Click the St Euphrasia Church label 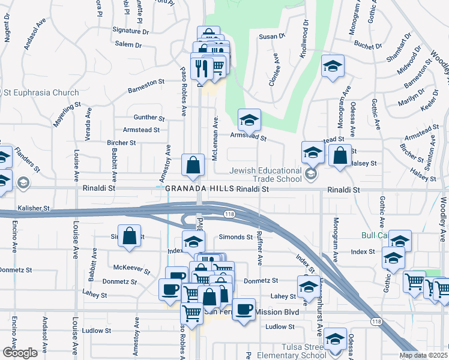click(x=41, y=92)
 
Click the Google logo click(x=20, y=353)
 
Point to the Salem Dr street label click(x=128, y=45)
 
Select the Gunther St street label click(x=149, y=118)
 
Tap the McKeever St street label click(x=131, y=268)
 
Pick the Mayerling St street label click(x=66, y=115)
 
